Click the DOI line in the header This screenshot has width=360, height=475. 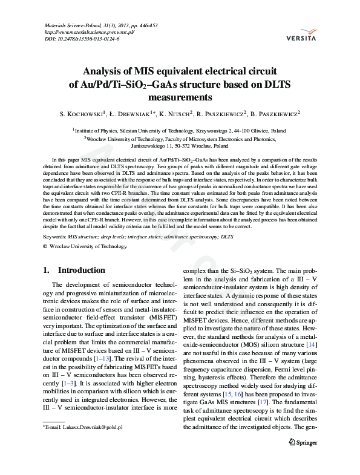click(x=82, y=39)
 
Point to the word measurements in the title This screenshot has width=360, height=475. click(x=180, y=96)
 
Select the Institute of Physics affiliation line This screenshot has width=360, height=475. click(x=180, y=129)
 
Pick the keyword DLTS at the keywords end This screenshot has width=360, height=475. click(x=227, y=237)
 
